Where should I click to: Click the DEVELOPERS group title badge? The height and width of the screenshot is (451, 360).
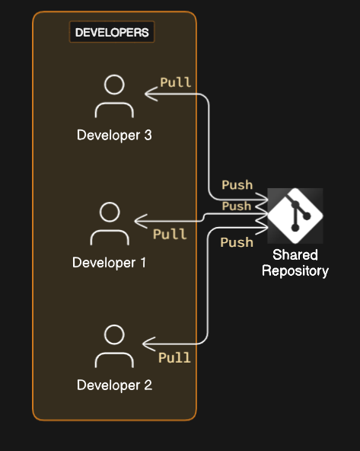pos(113,33)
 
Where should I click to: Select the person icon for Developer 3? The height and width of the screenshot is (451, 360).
pos(114,96)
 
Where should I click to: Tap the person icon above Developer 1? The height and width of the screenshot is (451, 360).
pos(110,223)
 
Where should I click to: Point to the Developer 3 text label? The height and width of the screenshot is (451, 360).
pos(114,136)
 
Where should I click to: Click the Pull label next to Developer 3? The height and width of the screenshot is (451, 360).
pos(175,82)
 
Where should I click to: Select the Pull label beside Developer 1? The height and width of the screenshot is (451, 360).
pos(169,234)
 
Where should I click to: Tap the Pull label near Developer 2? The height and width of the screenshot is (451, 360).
pos(174,357)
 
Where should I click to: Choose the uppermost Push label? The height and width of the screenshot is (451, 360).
pos(237,185)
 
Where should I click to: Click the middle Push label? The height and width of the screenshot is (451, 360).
pos(236,206)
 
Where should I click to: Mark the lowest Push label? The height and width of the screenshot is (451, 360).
pos(236,242)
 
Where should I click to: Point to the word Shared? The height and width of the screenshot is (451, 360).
pos(295,255)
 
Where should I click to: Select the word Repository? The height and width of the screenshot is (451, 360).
pos(295,271)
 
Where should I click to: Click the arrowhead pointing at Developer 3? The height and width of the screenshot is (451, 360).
pos(148,95)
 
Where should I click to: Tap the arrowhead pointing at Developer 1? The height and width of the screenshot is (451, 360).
pos(139,222)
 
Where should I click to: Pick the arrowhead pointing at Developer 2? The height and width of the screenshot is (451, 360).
pos(147,344)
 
